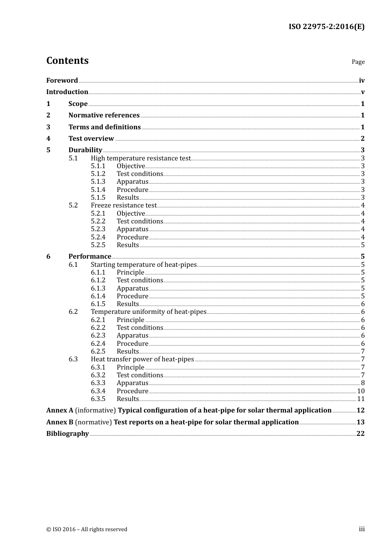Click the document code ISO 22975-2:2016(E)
(326, 27)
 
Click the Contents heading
(67, 61)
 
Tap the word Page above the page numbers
(358, 62)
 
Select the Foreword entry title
(62, 80)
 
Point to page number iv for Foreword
(362, 81)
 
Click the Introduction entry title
(67, 92)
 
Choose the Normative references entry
(104, 115)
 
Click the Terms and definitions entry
(104, 127)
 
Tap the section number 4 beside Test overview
(48, 138)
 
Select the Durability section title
(85, 150)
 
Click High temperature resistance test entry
(141, 158)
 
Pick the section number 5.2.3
(98, 229)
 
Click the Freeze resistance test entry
(124, 205)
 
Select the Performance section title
(90, 256)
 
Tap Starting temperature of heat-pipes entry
(144, 264)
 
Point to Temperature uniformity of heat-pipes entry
(149, 312)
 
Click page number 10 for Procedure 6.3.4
(361, 391)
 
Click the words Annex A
(60, 410)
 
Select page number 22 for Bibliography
(360, 433)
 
